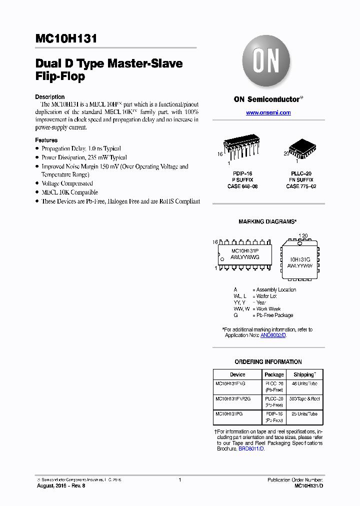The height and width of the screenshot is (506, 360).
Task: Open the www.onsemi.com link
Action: click(268, 113)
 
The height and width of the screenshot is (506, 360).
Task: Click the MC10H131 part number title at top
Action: click(66, 39)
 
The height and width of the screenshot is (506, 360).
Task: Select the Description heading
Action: click(49, 97)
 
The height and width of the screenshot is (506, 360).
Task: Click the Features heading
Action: click(46, 140)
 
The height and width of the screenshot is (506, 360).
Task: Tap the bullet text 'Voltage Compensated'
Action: click(67, 183)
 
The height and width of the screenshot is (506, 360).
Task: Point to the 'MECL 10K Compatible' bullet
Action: click(69, 192)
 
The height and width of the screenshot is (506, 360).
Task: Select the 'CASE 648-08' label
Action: click(242, 186)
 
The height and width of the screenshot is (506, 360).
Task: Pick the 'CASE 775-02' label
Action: click(301, 186)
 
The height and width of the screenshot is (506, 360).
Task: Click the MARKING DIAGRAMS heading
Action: click(268, 221)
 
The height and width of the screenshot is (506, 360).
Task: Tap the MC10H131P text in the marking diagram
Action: click(245, 250)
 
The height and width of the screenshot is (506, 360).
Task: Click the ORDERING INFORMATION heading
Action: click(268, 362)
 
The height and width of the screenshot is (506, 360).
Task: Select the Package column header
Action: click(274, 374)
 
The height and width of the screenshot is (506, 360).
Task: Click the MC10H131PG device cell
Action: click(230, 414)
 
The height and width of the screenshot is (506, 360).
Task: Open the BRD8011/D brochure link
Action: click(251, 449)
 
